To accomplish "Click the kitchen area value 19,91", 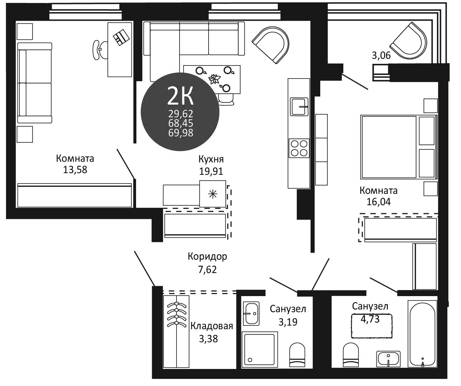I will (211, 171).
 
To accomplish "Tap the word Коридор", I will (207, 256).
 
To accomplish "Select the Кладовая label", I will (212, 326).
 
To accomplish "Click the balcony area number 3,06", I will (381, 55).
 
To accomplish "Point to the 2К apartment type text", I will (180, 96).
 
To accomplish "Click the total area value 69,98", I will (181, 133).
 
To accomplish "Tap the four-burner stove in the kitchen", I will (299, 148).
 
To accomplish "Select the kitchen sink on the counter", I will (299, 106).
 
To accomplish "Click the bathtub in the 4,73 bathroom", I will (422, 333).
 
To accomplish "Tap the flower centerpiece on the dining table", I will (214, 79).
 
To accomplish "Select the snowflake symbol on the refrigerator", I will (213, 194).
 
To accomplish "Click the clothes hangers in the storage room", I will (176, 314).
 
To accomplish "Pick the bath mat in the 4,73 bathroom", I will (371, 326).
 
